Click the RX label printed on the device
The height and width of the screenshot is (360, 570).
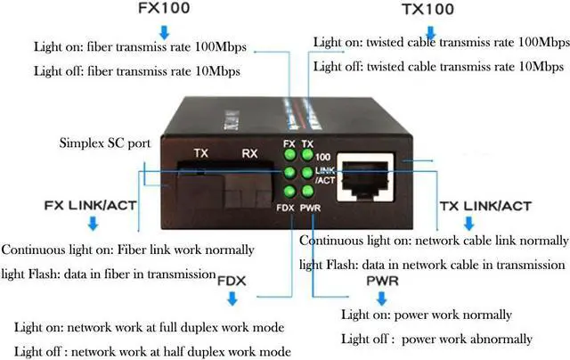[249, 152]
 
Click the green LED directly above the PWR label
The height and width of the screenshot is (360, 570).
[307, 191]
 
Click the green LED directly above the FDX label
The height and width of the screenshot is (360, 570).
[289, 191]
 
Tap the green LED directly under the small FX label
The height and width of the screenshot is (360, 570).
[289, 155]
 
